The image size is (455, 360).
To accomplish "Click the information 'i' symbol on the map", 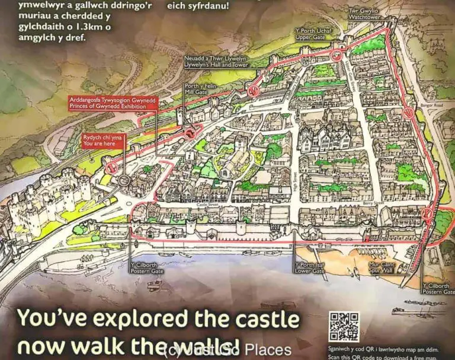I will pyautogui.click(x=188, y=155).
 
